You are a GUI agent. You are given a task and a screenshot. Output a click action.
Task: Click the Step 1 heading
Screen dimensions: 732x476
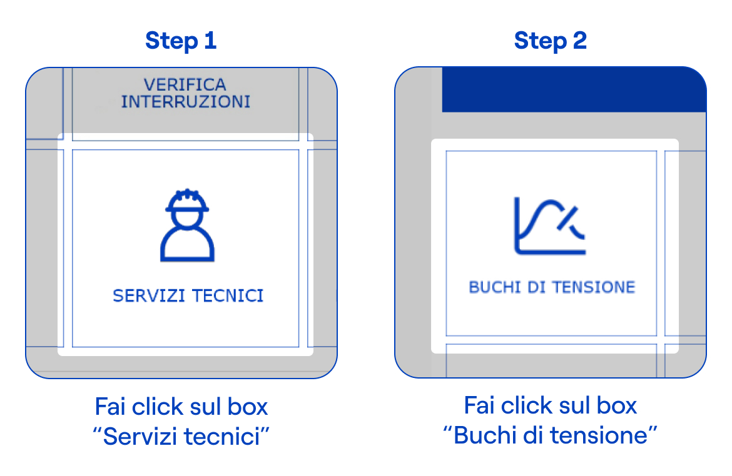(x=181, y=41)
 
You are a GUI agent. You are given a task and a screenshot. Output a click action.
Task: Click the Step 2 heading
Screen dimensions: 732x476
(x=550, y=41)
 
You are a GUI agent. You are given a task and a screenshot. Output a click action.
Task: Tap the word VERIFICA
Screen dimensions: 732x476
(x=185, y=84)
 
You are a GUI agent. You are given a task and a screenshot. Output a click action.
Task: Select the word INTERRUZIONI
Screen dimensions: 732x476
(x=186, y=102)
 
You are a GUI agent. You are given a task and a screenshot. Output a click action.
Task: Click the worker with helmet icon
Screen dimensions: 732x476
(x=187, y=225)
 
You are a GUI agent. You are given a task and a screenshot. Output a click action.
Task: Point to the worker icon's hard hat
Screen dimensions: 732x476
(x=187, y=201)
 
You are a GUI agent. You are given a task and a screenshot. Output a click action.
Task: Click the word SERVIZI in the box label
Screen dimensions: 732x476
(x=149, y=295)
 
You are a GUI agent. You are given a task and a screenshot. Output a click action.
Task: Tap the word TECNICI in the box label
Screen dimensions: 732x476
(x=228, y=295)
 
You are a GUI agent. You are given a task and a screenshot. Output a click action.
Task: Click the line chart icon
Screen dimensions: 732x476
(x=549, y=226)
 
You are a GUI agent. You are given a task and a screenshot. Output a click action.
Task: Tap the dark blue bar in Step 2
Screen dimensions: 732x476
(x=574, y=89)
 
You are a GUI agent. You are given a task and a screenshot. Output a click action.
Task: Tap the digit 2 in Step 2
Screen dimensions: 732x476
(x=579, y=41)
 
